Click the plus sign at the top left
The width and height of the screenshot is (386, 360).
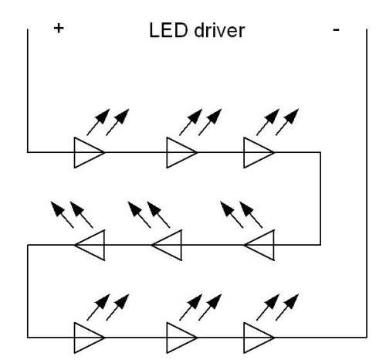click(59, 29)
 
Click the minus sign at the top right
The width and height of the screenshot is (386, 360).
click(336, 30)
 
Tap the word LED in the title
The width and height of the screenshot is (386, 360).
click(168, 30)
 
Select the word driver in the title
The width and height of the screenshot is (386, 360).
click(219, 31)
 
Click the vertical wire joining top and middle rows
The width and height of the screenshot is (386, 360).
click(320, 199)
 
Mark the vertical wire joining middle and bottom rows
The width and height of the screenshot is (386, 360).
click(28, 291)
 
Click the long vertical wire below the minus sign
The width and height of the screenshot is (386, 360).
click(367, 183)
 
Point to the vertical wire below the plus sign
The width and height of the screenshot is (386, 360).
click(28, 90)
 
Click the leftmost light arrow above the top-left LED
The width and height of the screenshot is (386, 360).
click(98, 122)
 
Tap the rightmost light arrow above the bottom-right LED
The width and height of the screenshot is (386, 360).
click(287, 307)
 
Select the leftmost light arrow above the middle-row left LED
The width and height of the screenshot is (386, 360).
click(63, 215)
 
